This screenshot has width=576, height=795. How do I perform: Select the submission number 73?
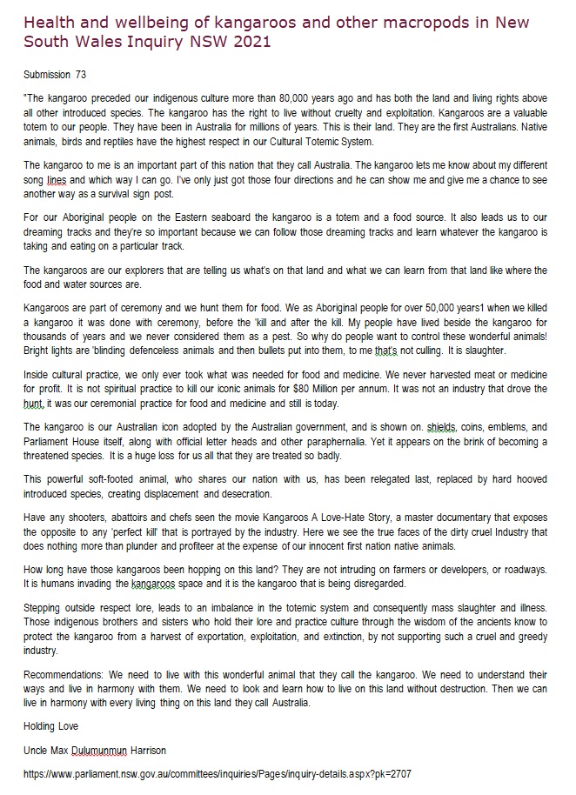click(79, 74)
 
